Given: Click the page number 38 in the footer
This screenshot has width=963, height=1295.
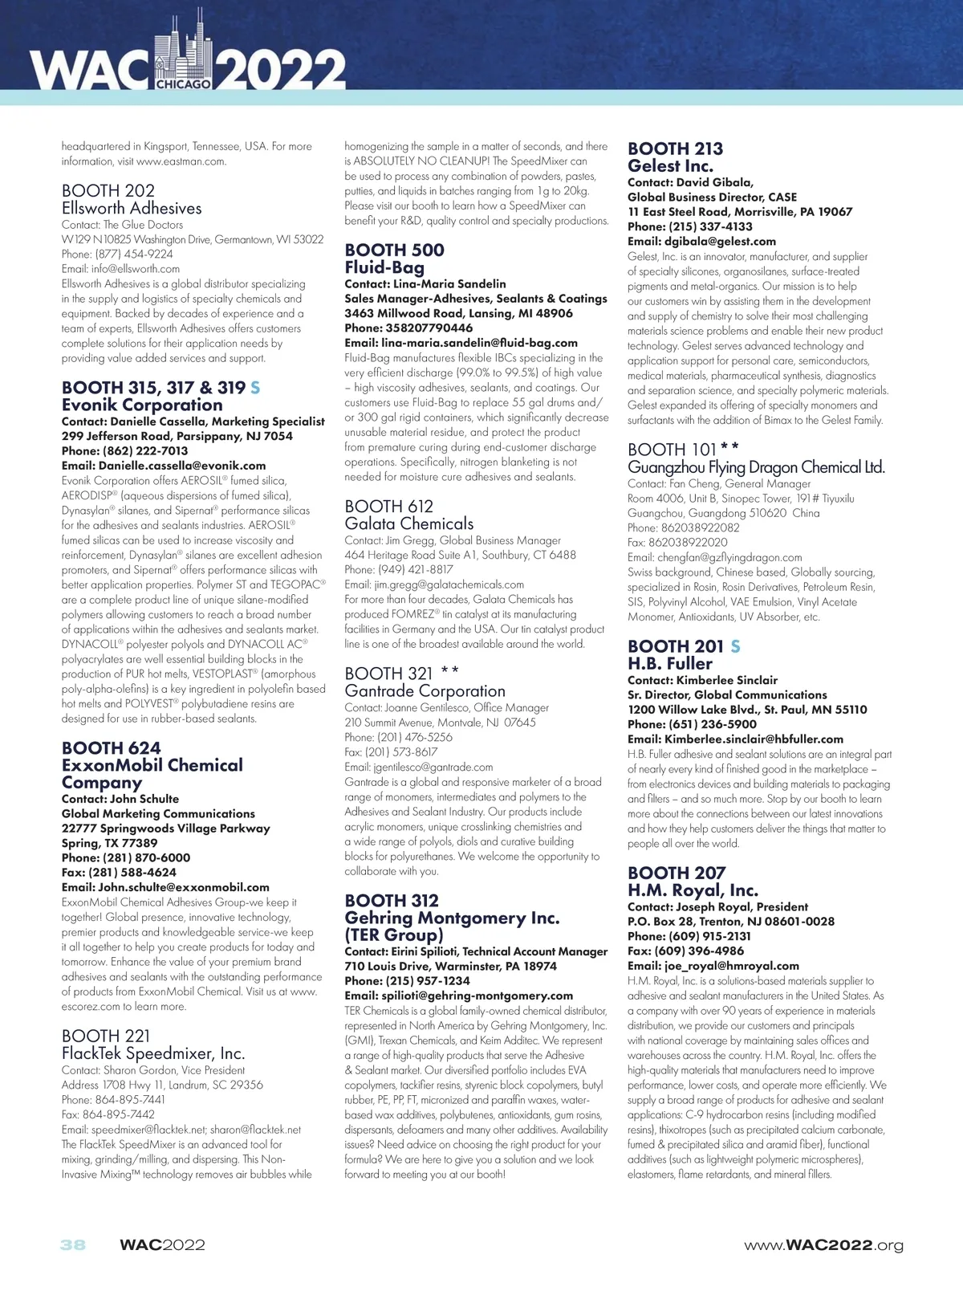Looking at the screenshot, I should click(72, 1245).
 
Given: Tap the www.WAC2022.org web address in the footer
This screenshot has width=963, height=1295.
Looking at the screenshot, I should click(823, 1245).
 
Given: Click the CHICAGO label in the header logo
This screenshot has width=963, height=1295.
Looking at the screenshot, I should click(184, 83).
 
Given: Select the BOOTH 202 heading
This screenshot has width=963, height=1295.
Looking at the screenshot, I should click(108, 190).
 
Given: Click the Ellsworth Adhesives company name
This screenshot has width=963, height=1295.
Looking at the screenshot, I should click(132, 208).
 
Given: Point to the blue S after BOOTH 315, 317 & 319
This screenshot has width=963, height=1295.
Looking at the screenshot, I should click(255, 388).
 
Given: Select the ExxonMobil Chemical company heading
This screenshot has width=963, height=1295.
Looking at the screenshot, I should click(152, 765).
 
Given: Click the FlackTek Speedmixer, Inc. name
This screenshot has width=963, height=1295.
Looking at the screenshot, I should click(153, 1053).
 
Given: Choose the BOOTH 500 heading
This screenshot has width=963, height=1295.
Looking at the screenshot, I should click(394, 250).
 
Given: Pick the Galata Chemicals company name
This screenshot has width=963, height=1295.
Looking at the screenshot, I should click(409, 523).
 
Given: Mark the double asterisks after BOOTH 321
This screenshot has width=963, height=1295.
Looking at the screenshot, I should click(450, 671).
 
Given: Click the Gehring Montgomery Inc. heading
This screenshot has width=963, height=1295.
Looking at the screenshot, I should click(452, 918).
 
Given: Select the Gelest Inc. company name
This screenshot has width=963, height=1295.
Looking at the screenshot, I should click(670, 166).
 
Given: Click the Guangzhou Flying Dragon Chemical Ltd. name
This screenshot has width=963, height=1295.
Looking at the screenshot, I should click(756, 467).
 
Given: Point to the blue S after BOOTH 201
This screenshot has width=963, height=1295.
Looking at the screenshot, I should click(736, 646).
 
